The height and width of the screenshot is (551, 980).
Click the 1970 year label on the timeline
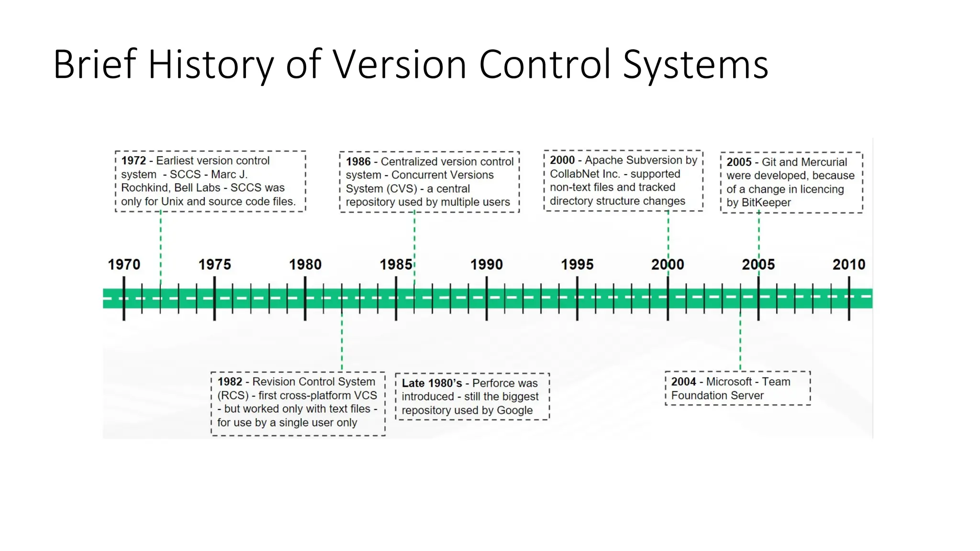pos(124,264)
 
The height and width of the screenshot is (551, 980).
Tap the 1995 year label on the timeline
pos(577,264)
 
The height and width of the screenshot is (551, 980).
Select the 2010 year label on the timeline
pos(849,264)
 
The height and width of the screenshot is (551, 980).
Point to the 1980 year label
pos(305,264)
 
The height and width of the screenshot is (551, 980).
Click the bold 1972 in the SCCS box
pos(134,161)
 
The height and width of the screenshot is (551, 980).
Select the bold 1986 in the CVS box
pos(358,162)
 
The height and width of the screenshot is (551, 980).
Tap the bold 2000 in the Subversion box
pos(562,160)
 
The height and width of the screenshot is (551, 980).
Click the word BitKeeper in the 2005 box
pos(766,203)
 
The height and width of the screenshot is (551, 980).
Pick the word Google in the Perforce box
pos(514,410)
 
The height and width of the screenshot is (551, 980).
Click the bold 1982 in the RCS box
pos(230,382)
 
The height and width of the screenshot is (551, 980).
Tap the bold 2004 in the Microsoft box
pos(683,382)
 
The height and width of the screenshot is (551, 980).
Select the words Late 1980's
pos(432,384)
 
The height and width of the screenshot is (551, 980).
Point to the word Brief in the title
pos(95,65)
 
